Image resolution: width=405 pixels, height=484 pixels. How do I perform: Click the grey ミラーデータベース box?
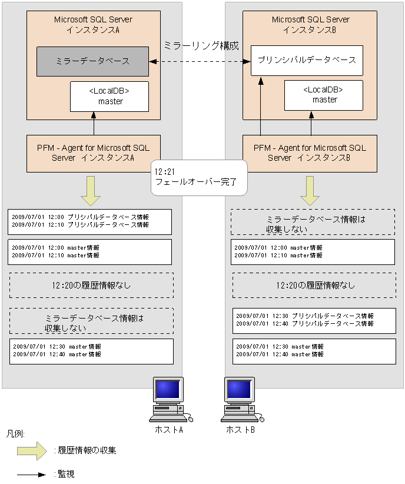click(93, 61)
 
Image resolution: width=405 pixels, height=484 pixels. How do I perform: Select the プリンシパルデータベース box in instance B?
click(307, 60)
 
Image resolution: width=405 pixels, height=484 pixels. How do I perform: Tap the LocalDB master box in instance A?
click(109, 97)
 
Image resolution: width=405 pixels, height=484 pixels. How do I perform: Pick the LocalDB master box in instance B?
click(324, 95)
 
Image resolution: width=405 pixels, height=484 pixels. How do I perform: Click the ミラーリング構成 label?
click(201, 45)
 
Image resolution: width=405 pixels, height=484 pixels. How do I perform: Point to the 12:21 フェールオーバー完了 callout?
click(198, 177)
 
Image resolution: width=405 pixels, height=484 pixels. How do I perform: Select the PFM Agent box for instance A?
click(93, 153)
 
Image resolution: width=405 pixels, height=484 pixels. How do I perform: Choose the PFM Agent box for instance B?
click(310, 153)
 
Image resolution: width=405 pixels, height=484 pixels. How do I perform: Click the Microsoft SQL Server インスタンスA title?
click(93, 24)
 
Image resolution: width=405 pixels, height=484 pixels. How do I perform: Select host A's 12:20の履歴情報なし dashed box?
click(91, 285)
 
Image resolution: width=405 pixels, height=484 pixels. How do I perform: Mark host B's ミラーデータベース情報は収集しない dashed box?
click(313, 223)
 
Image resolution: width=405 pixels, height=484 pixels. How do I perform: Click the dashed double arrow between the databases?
click(197, 61)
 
